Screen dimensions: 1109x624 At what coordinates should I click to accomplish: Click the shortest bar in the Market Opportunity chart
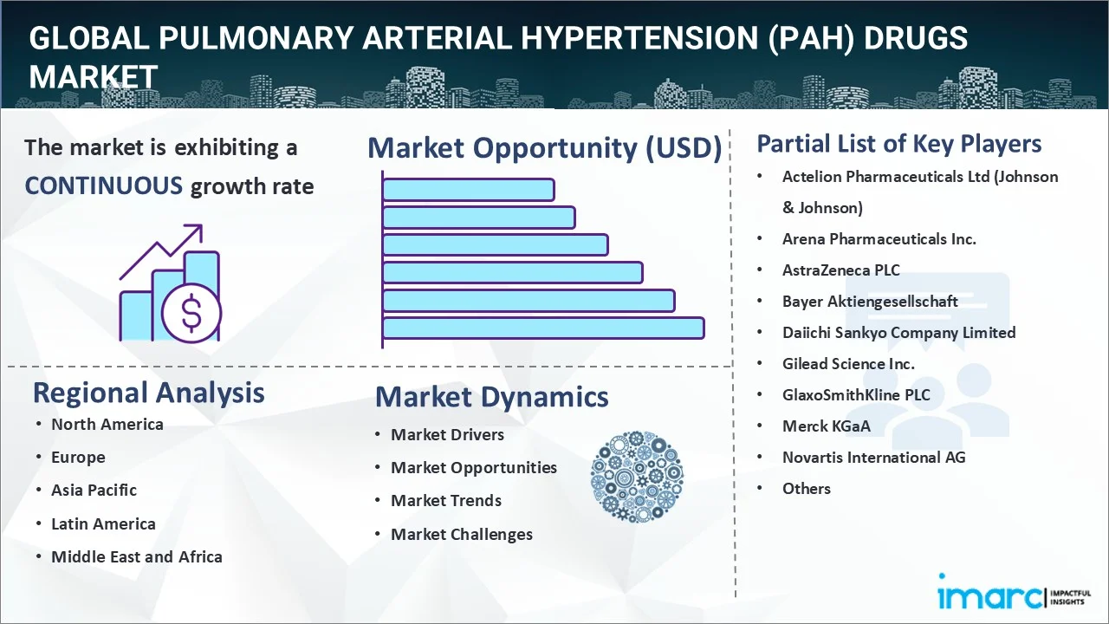pyautogui.click(x=469, y=190)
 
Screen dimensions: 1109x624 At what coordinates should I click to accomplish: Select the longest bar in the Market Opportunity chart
pyautogui.click(x=543, y=328)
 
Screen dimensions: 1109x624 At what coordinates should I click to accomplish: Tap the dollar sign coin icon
pyautogui.click(x=191, y=313)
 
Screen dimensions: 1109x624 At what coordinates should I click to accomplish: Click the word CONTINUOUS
pyautogui.click(x=104, y=186)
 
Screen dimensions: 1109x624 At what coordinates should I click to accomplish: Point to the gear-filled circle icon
pyautogui.click(x=637, y=477)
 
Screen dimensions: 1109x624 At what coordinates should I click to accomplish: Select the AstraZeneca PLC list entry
pyautogui.click(x=840, y=270)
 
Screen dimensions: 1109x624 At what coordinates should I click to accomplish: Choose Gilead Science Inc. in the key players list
pyautogui.click(x=848, y=363)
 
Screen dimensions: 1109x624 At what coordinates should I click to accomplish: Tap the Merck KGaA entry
pyautogui.click(x=826, y=426)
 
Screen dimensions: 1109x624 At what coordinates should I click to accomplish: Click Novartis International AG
pyautogui.click(x=874, y=457)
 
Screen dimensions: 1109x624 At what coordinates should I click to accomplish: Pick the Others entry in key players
pyautogui.click(x=806, y=488)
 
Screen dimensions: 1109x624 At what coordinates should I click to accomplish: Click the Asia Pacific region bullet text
pyautogui.click(x=94, y=490)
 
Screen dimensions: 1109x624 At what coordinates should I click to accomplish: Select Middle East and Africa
pyautogui.click(x=137, y=556)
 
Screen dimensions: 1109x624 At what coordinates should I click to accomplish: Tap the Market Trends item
pyautogui.click(x=446, y=500)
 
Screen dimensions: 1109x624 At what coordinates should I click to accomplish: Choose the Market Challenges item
pyautogui.click(x=462, y=535)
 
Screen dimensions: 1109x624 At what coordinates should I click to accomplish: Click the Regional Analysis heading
pyautogui.click(x=148, y=393)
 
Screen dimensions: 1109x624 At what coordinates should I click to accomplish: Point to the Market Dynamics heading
pyautogui.click(x=491, y=397)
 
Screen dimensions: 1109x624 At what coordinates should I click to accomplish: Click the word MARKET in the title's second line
pyautogui.click(x=93, y=77)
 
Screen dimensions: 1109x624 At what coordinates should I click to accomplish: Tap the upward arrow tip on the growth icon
pyautogui.click(x=202, y=225)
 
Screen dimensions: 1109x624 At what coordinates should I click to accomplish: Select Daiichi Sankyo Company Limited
pyautogui.click(x=898, y=332)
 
